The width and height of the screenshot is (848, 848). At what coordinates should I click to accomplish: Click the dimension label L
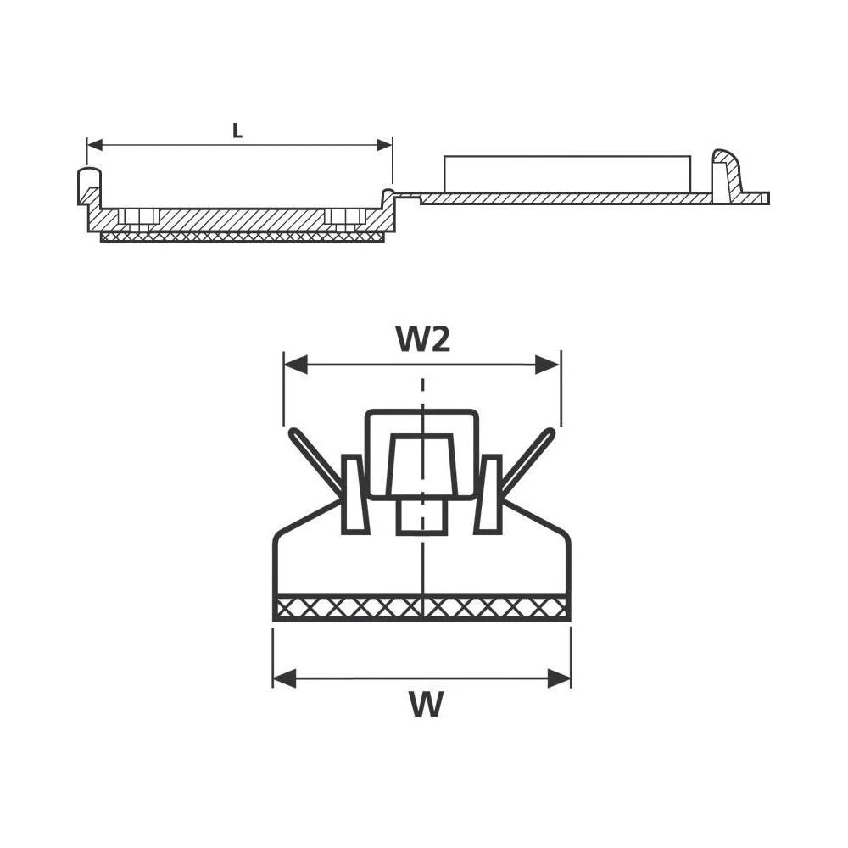pos(237,131)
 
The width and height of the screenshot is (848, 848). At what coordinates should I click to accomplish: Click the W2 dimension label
pos(422,339)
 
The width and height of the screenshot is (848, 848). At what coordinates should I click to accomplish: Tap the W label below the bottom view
pos(426,704)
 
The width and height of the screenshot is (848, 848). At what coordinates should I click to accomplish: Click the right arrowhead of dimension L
pos(385,145)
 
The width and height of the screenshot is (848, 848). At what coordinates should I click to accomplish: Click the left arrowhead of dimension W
pos(283,678)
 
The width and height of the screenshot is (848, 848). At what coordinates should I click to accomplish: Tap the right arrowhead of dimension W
pos(560,678)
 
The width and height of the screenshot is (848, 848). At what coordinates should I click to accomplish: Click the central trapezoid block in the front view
pos(421,466)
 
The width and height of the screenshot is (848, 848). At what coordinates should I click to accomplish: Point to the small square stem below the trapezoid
pos(421,516)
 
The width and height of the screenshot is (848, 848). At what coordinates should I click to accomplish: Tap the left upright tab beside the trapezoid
pos(354,496)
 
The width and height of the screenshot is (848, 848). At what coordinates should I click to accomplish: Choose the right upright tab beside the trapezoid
pos(488,496)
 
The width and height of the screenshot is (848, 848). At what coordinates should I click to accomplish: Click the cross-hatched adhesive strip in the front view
pos(421,608)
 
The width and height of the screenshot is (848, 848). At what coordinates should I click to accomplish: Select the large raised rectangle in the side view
pos(566,174)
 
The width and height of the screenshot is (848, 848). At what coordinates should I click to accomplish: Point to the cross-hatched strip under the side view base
pos(242,237)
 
